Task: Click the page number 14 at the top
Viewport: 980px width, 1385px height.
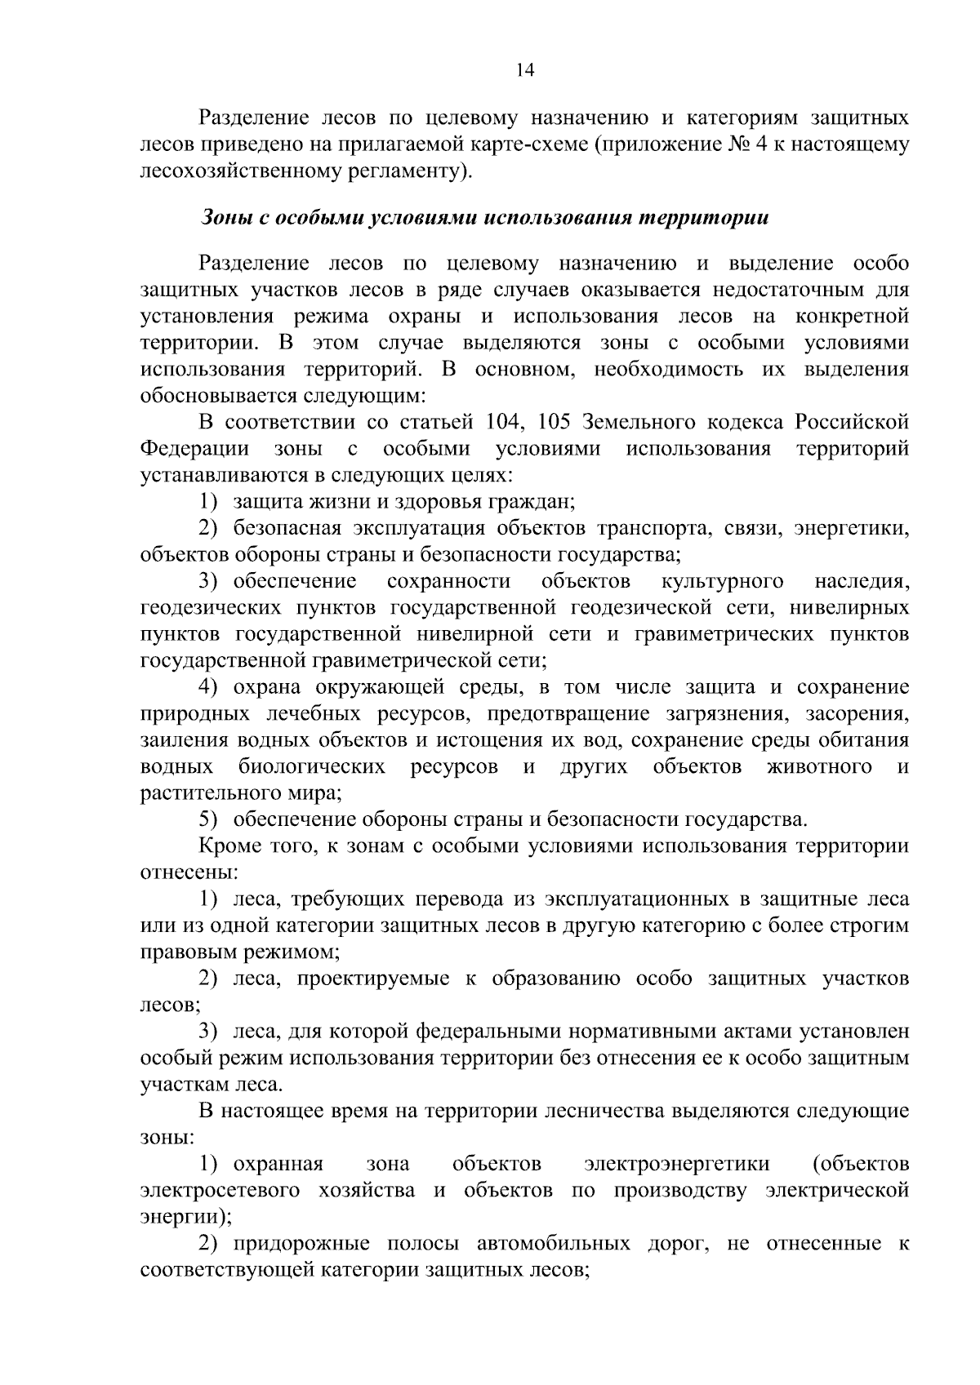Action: pos(524,70)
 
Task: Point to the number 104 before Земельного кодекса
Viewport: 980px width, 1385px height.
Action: pos(505,422)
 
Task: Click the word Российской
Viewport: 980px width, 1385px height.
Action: pos(852,422)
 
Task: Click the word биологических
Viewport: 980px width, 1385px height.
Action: pos(311,766)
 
